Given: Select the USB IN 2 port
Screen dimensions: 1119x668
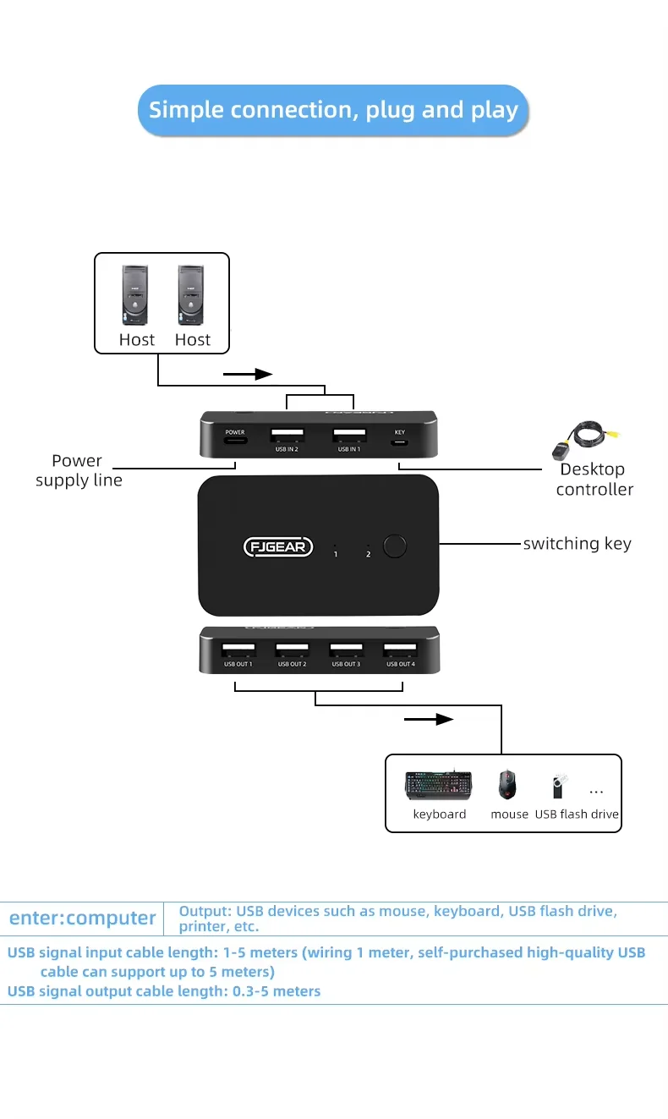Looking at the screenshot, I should click(x=287, y=436).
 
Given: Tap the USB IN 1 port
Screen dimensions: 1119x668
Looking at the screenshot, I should click(x=349, y=436).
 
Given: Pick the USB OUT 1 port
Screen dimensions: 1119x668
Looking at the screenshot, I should click(x=238, y=651).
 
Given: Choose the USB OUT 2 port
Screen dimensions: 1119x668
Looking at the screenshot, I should click(x=292, y=651).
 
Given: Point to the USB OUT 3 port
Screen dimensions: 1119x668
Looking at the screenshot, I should click(x=346, y=651).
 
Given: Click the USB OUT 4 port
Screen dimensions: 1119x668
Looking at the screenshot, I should click(x=400, y=651).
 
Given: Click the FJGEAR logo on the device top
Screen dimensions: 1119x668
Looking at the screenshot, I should click(x=279, y=546).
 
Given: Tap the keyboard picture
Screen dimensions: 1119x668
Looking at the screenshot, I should click(x=438, y=785).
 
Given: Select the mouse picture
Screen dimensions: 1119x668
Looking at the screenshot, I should click(x=507, y=784).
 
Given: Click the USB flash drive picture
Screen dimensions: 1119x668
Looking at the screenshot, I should click(x=558, y=786).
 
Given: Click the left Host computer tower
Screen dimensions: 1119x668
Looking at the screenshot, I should click(x=136, y=295).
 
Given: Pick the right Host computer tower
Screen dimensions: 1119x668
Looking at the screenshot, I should click(x=192, y=295).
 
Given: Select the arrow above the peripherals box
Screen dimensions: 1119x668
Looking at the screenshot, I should click(x=430, y=720).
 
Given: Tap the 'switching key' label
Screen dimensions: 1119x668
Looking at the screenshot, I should click(x=577, y=544).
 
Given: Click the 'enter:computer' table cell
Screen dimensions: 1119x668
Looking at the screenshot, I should click(x=82, y=919).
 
